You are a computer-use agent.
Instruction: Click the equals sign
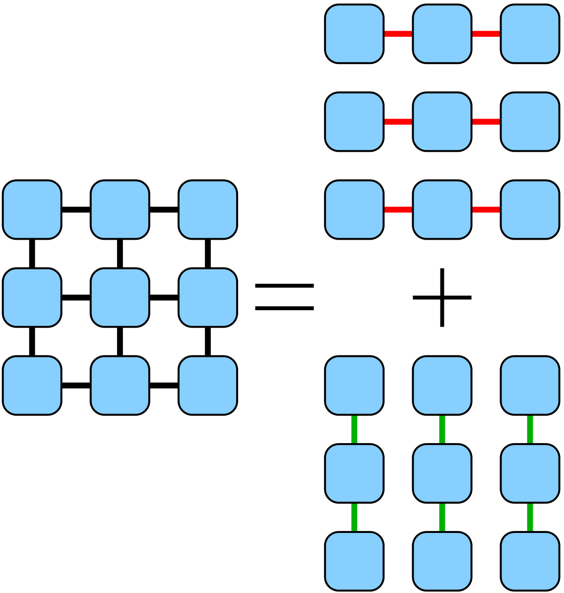pyautogui.click(x=284, y=297)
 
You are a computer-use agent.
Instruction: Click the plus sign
pyautogui.click(x=442, y=297)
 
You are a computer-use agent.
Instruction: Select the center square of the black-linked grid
pyautogui.click(x=120, y=297)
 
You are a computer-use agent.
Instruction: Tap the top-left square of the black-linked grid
pyautogui.click(x=32, y=209)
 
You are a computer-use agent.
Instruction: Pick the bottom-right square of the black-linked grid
pyautogui.click(x=208, y=385)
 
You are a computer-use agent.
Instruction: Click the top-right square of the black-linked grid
pyautogui.click(x=208, y=209)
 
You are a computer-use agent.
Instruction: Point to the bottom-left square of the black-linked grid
pyautogui.click(x=32, y=385)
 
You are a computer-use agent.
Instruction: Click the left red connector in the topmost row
pyautogui.click(x=398, y=34)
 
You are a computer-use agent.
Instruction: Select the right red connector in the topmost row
pyautogui.click(x=486, y=34)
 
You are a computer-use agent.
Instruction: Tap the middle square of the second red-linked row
pyautogui.click(x=442, y=122)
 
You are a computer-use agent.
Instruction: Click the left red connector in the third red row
pyautogui.click(x=398, y=209)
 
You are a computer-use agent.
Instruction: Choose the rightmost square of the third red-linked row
pyautogui.click(x=530, y=209)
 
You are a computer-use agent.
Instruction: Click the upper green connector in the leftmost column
pyautogui.click(x=354, y=429)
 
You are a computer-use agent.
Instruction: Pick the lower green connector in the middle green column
pyautogui.click(x=442, y=517)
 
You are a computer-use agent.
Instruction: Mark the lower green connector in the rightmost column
pyautogui.click(x=530, y=517)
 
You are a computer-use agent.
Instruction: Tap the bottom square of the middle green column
pyautogui.click(x=442, y=561)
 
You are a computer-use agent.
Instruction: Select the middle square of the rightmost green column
pyautogui.click(x=530, y=473)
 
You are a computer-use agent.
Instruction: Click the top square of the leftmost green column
pyautogui.click(x=354, y=385)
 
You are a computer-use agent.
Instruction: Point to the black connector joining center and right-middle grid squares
pyautogui.click(x=164, y=297)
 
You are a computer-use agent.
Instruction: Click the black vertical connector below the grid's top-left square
pyautogui.click(x=32, y=254)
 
